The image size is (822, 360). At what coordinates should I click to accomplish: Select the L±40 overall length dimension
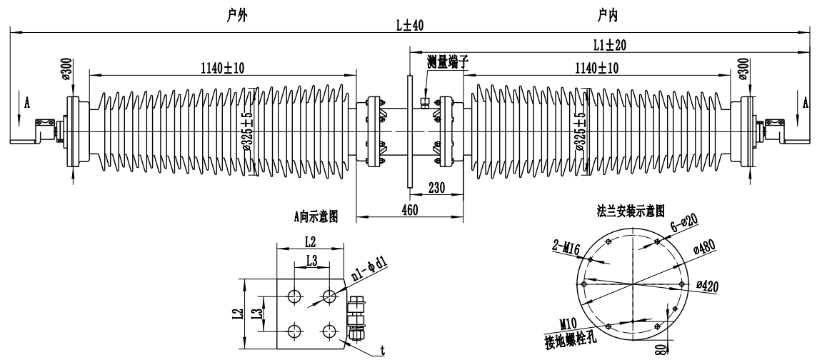tap(410, 26)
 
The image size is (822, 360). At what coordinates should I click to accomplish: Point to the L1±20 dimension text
tap(609, 44)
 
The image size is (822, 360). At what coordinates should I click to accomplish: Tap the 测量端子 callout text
tap(448, 61)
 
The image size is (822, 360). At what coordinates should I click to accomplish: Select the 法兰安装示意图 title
tap(631, 211)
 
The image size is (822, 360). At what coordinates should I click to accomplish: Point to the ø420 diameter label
tap(707, 286)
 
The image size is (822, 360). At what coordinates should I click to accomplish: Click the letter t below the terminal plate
tap(384, 349)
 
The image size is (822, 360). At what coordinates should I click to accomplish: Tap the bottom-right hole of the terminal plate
tap(329, 329)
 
